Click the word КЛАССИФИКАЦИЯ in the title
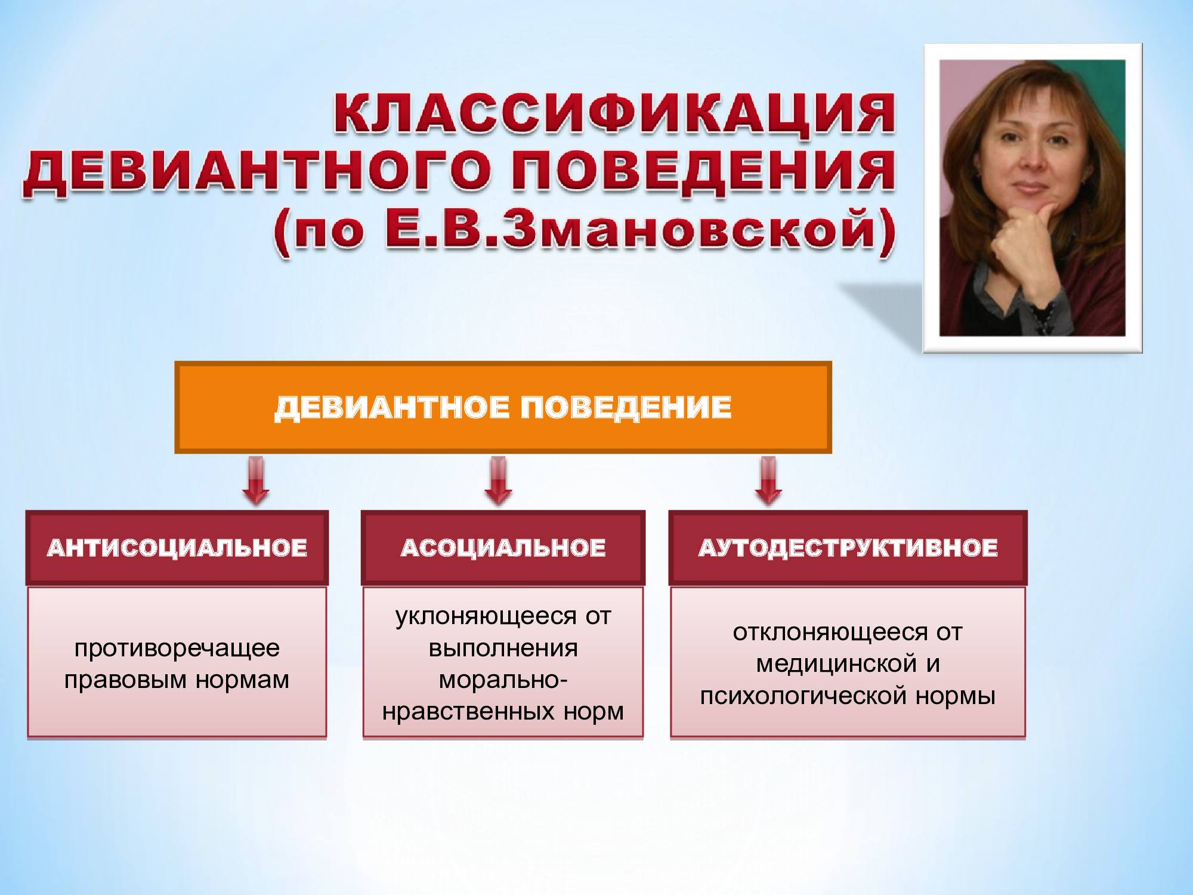614,113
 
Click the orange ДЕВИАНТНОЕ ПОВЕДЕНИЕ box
503,408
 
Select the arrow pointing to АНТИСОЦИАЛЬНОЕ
256,481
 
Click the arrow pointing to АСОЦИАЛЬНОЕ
498,481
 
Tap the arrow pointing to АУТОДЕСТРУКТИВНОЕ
768,481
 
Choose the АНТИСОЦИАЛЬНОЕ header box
177,548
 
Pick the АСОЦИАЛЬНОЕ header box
503,548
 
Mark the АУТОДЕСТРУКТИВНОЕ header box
848,548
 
